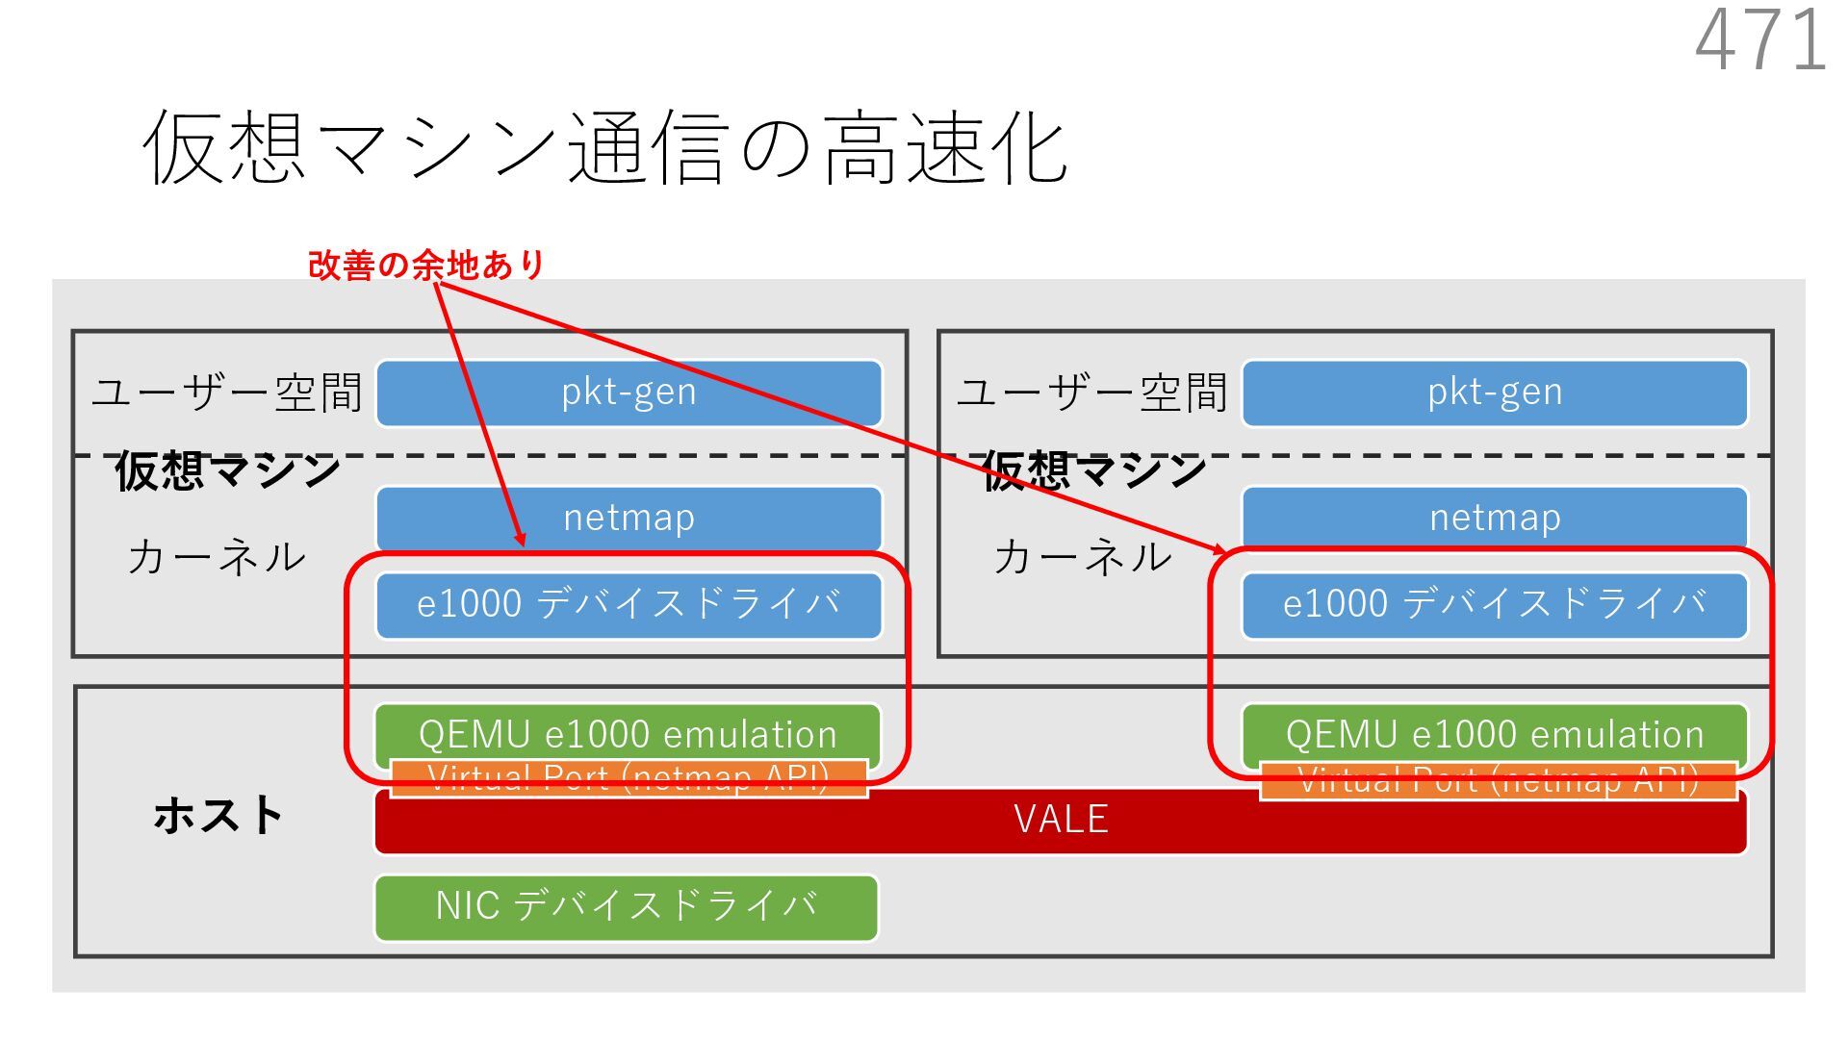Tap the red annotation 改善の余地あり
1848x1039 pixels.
click(x=426, y=265)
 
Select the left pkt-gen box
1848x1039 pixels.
click(x=629, y=393)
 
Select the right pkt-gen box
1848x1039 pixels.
click(x=1494, y=393)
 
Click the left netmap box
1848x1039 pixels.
click(x=629, y=518)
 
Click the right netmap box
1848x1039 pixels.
click(x=1494, y=518)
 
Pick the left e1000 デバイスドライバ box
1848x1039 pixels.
click(x=629, y=605)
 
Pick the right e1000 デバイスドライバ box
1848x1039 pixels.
click(x=1494, y=605)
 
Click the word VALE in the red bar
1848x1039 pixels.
click(x=1061, y=821)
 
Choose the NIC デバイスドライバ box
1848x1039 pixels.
click(x=627, y=906)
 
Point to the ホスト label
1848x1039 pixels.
click(x=218, y=816)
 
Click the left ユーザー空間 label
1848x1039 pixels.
click(x=227, y=393)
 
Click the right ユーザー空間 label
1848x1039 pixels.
click(x=1092, y=393)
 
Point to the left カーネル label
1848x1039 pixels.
click(x=217, y=557)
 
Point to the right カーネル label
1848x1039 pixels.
click(x=1083, y=557)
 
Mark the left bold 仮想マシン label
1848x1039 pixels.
click(x=227, y=471)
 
